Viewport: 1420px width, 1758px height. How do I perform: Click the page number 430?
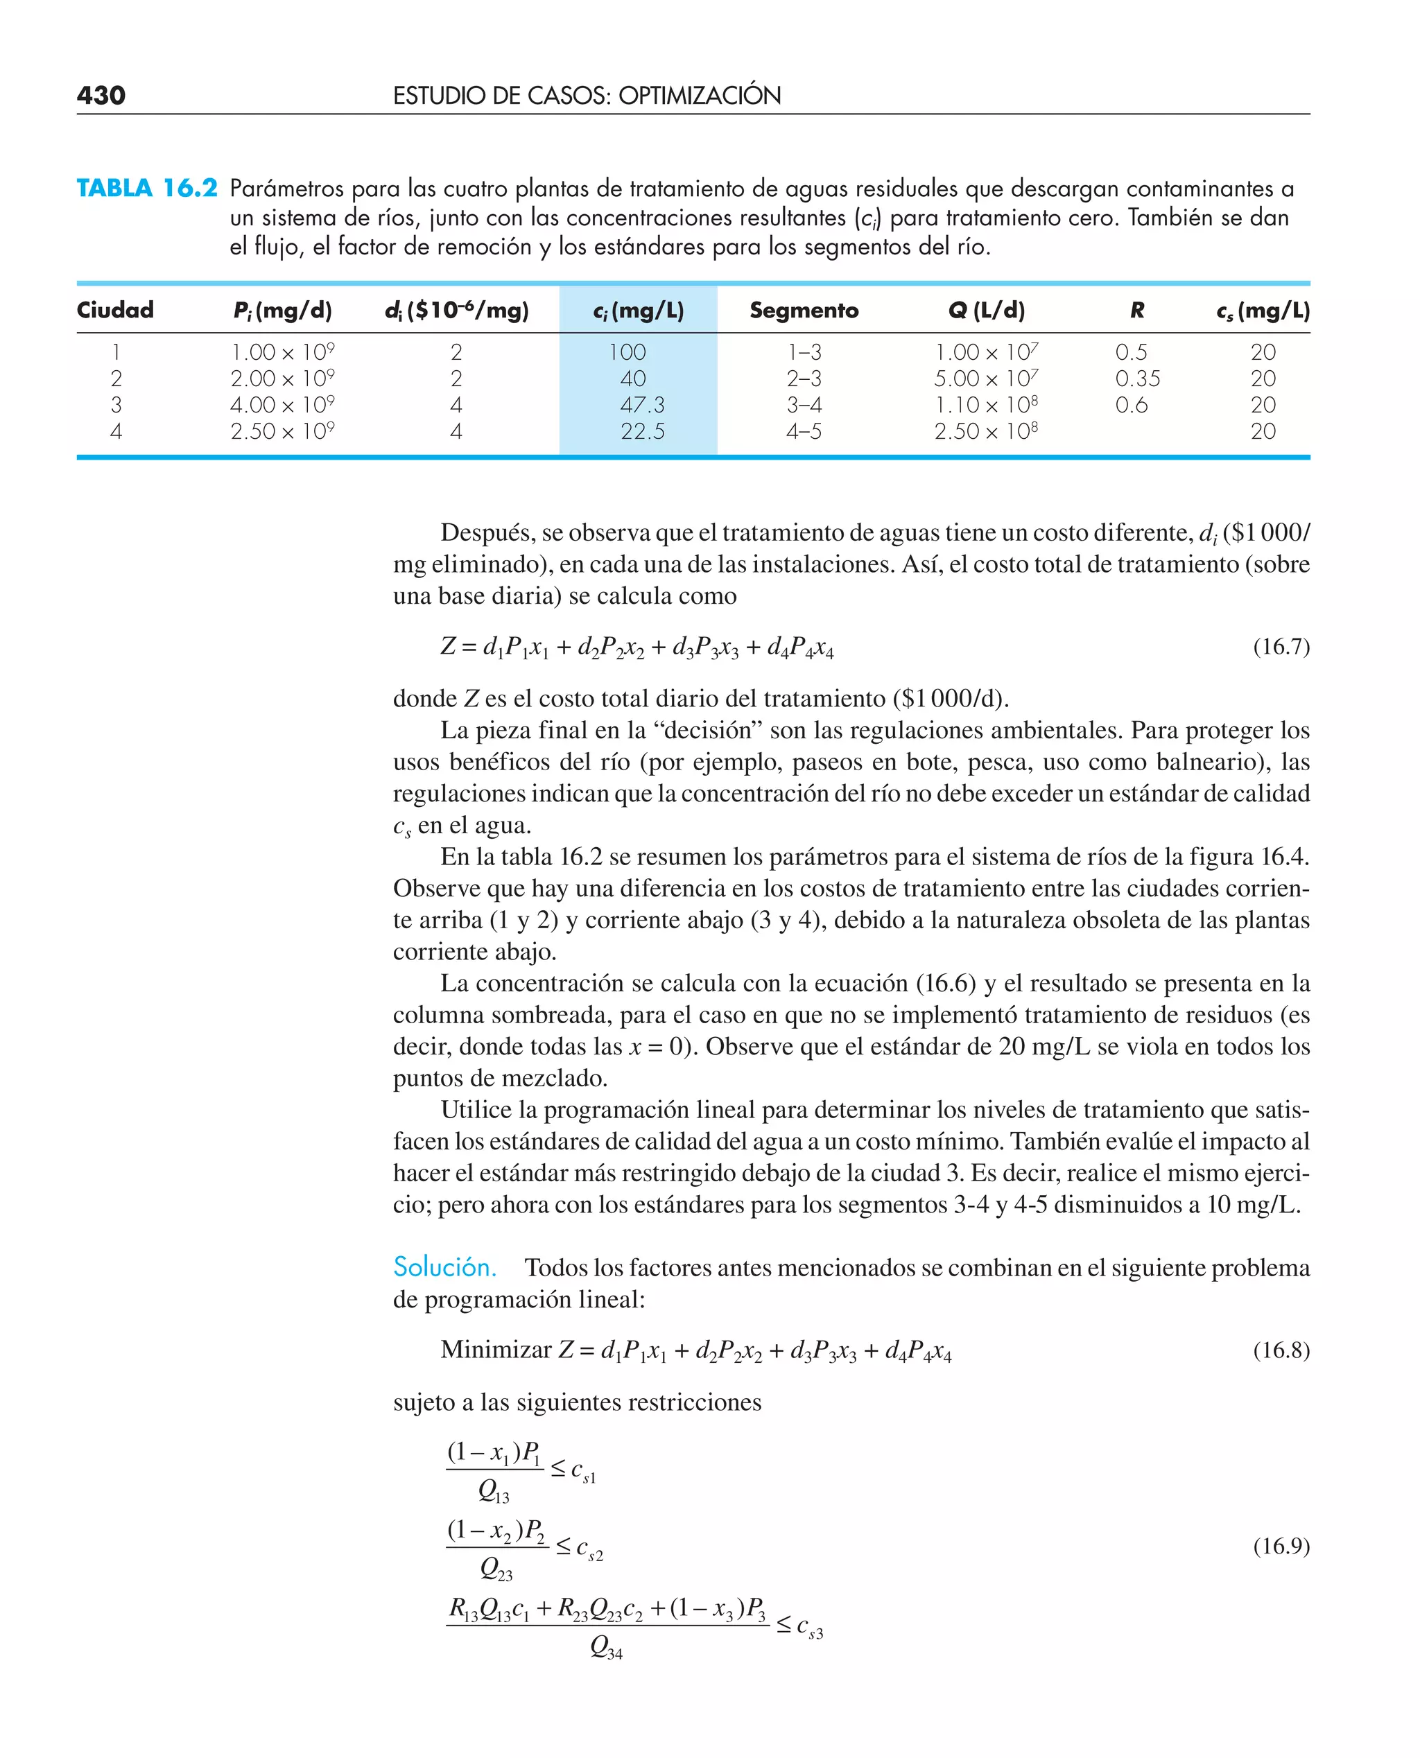101,96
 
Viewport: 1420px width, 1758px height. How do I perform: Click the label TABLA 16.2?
147,188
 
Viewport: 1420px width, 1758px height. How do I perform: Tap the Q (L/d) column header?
986,310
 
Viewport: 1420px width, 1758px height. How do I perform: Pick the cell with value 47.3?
642,405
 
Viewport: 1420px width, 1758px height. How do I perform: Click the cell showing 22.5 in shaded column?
642,431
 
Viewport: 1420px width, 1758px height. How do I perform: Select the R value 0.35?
1137,378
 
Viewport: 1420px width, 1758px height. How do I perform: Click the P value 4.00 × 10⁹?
282,405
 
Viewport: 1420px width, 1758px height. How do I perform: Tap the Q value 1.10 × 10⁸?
986,405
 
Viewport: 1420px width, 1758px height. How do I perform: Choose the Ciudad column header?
115,310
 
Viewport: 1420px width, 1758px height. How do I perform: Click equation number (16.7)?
1281,647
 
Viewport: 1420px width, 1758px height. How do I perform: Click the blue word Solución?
444,1267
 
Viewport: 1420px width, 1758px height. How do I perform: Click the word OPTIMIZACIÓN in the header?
700,96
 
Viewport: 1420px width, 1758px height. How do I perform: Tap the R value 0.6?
1132,405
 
